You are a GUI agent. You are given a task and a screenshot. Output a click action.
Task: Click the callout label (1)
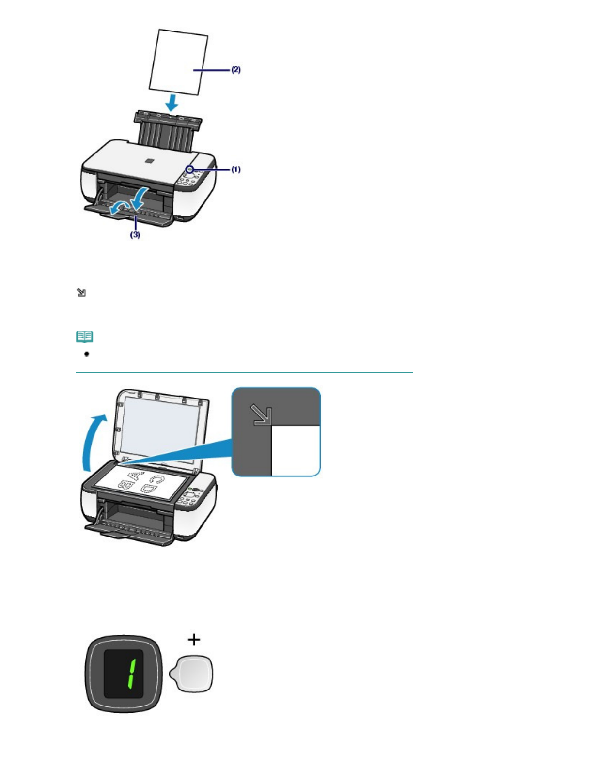coord(235,169)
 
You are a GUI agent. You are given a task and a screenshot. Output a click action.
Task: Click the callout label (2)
coord(235,70)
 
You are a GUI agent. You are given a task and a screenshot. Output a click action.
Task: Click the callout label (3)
coord(135,235)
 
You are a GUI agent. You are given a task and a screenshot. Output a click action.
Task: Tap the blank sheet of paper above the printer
coord(179,62)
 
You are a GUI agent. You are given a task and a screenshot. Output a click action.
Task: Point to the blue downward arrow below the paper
coord(171,102)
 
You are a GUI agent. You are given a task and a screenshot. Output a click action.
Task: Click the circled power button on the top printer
coord(190,169)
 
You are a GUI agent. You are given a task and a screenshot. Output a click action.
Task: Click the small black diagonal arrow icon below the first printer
coord(81,292)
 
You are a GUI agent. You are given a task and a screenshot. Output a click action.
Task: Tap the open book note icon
coord(85,336)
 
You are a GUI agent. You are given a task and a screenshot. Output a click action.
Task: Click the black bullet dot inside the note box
coord(87,354)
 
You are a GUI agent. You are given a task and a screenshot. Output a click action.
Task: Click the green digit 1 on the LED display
coord(131,674)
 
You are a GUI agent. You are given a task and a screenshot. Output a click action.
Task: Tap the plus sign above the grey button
coord(194,640)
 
